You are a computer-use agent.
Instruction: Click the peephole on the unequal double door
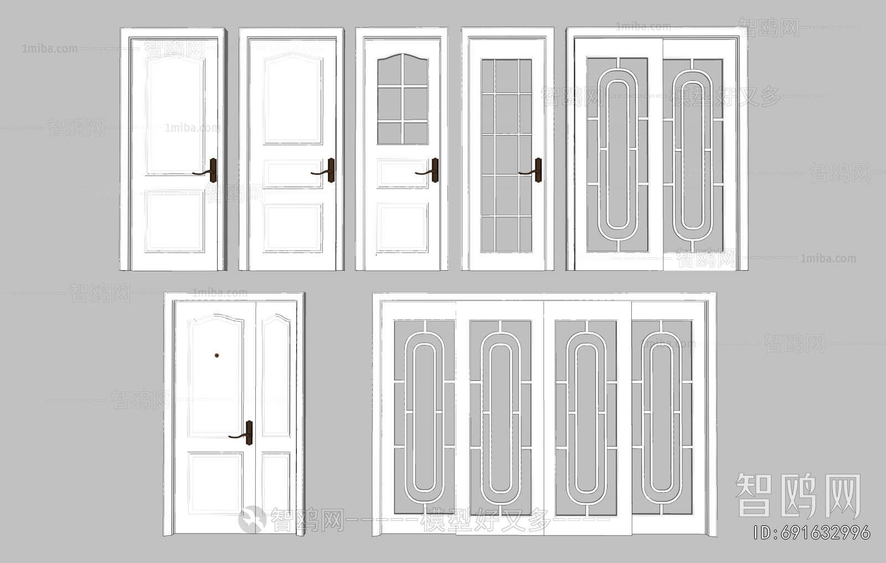[217, 355]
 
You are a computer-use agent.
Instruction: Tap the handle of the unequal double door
[248, 433]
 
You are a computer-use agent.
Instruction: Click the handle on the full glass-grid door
[537, 170]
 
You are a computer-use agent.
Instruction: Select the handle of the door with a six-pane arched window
[434, 170]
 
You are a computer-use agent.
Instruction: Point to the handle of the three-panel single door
[330, 171]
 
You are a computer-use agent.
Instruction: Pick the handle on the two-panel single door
[212, 171]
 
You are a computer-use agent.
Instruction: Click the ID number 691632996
[812, 533]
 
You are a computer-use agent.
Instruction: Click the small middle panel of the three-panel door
[293, 173]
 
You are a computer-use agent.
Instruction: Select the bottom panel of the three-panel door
[293, 228]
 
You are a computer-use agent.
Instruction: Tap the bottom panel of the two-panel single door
[174, 221]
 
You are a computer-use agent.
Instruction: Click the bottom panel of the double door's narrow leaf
[276, 483]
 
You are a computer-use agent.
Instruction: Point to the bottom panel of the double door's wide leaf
[215, 483]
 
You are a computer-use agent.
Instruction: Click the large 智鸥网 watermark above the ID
[798, 495]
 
